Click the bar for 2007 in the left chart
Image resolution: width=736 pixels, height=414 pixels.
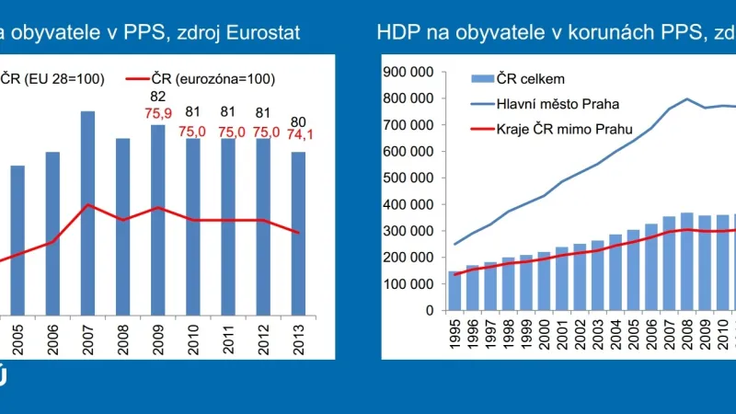(88, 213)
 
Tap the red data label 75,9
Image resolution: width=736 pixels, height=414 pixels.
(158, 115)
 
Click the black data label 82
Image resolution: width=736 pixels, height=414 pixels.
(158, 98)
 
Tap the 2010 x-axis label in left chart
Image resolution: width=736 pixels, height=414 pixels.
(194, 339)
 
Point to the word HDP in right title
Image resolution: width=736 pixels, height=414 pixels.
(396, 33)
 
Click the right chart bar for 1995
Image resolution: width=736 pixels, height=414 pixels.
(454, 291)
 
